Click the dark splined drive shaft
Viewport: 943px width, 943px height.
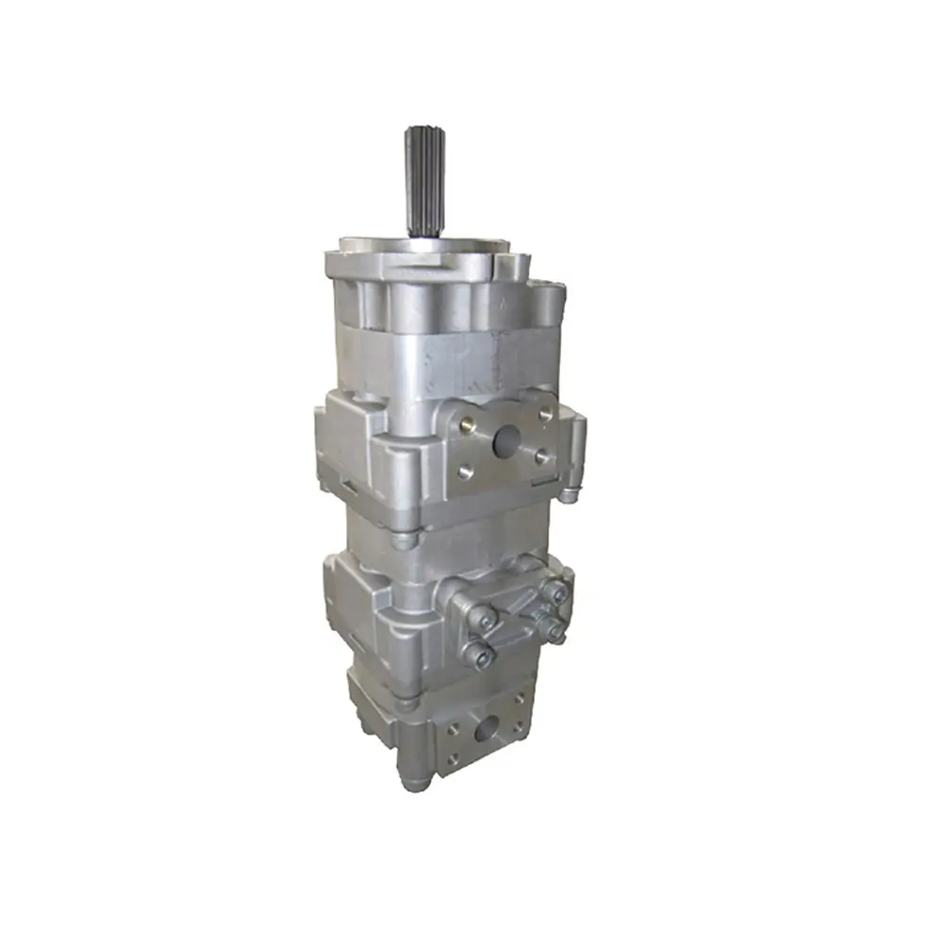421,180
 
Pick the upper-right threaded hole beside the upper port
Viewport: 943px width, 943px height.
545,415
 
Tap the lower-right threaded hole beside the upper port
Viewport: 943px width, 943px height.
543,456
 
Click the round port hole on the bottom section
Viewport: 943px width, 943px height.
488,727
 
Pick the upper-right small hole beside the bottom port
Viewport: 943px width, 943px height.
519,700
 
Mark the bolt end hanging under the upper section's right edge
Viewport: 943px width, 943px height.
570,495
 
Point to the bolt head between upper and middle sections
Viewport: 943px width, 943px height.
403,541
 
